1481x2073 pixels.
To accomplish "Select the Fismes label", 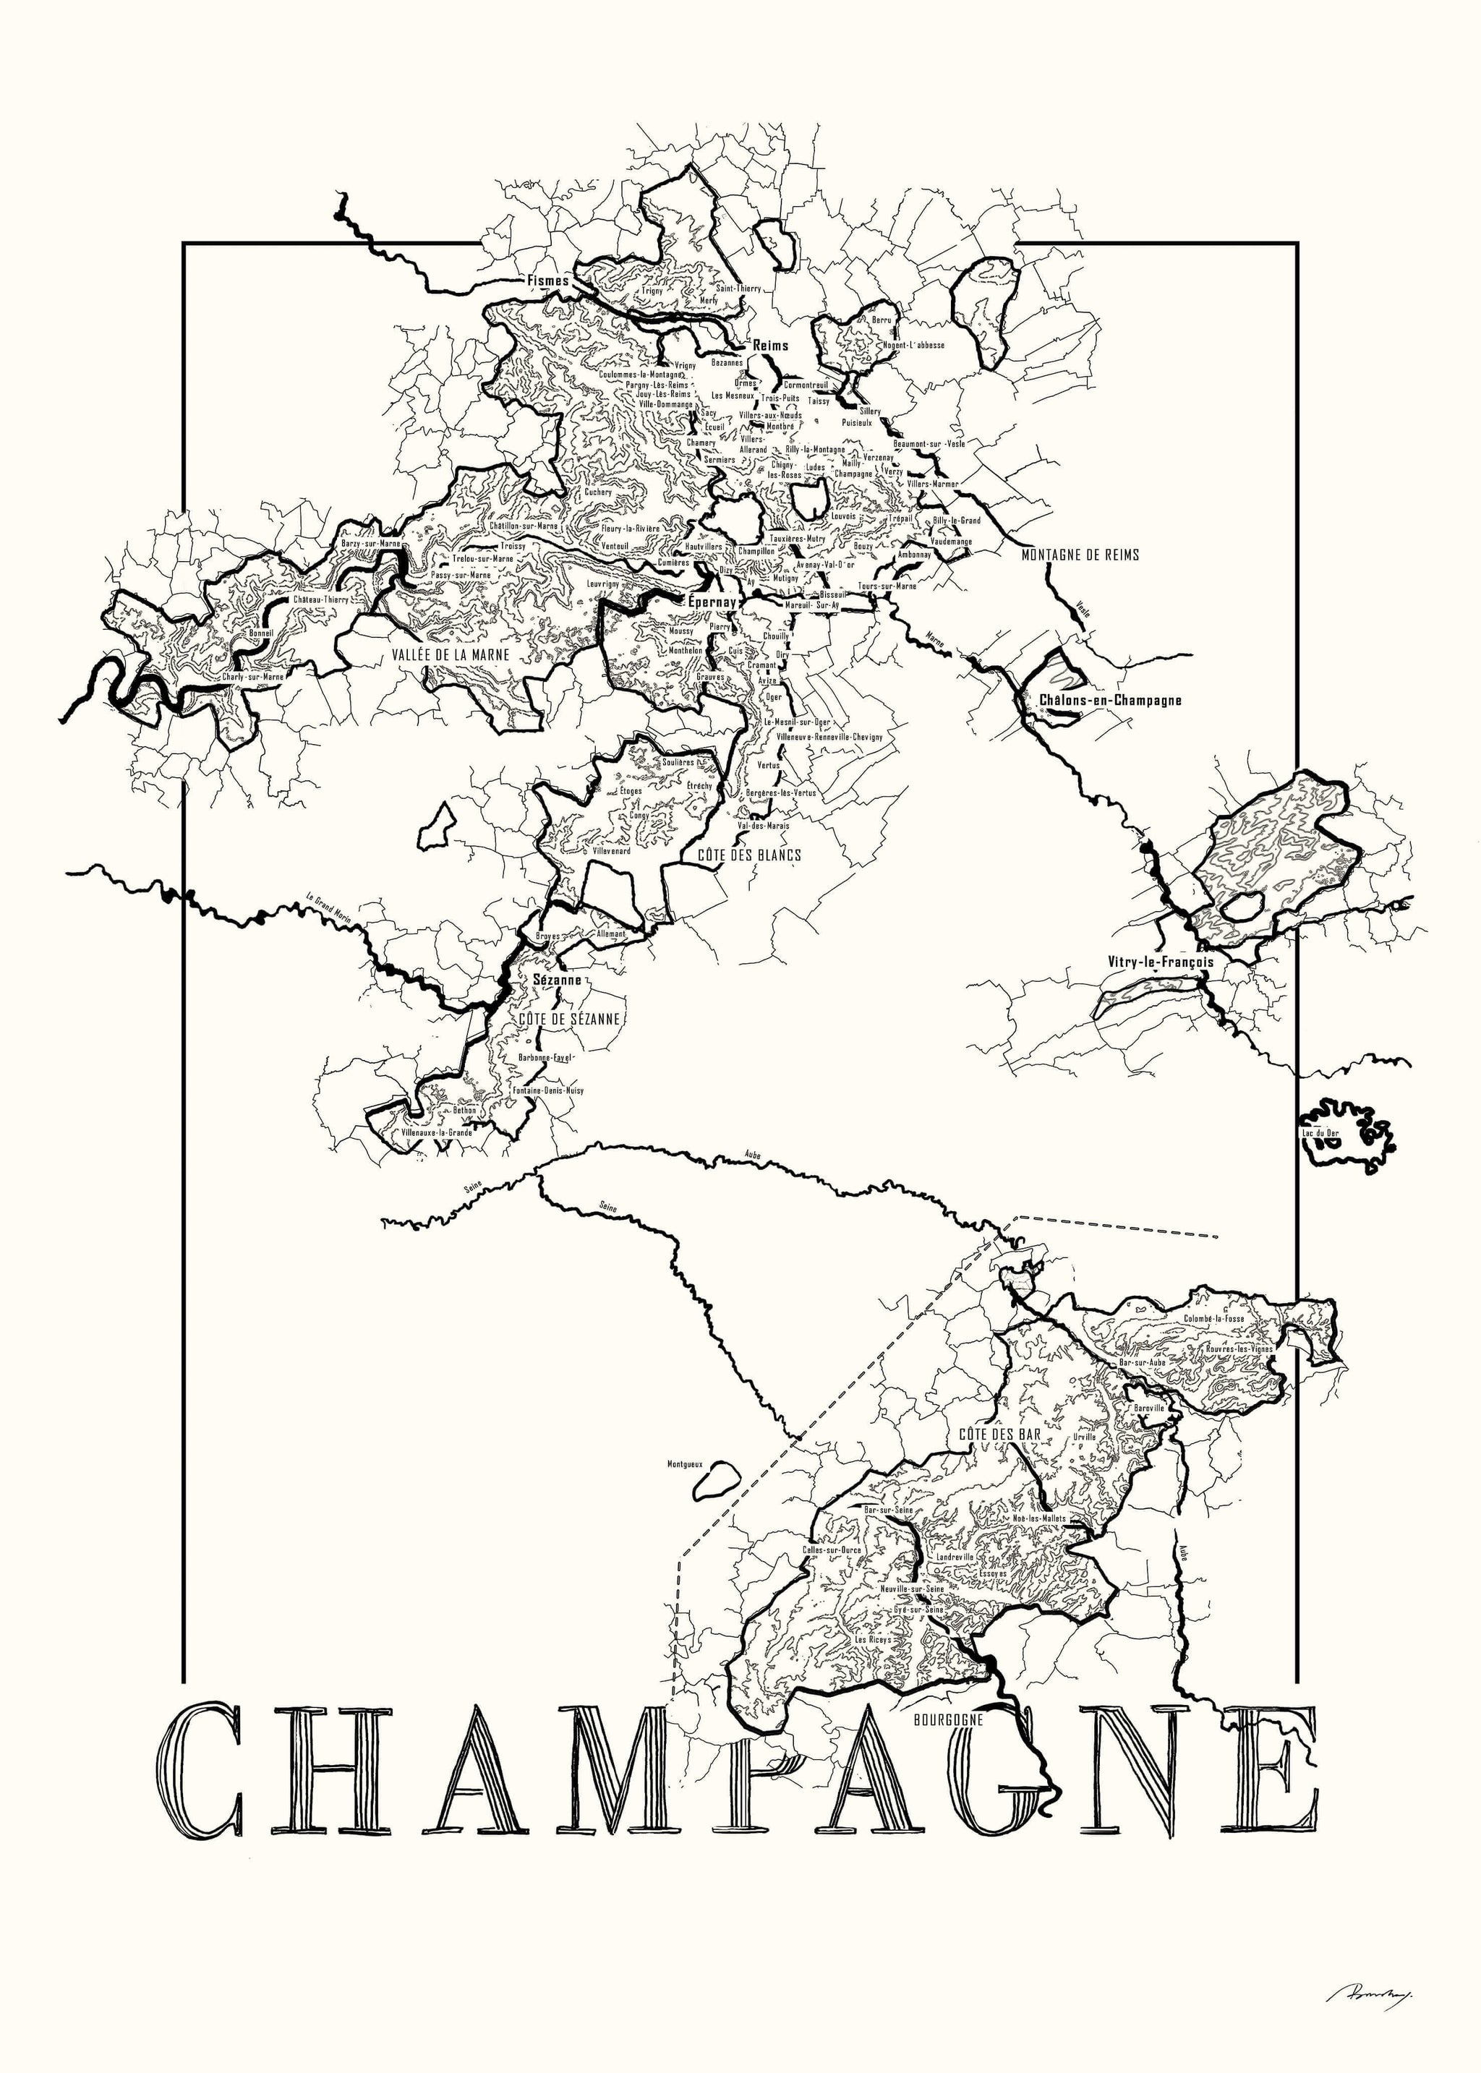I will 547,281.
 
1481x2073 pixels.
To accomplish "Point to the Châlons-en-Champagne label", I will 1110,700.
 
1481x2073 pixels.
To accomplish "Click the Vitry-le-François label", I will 1160,961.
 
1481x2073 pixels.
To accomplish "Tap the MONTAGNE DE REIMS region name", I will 1080,555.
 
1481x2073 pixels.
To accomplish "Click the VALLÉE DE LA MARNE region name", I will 451,654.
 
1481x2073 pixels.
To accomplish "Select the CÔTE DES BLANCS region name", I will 748,854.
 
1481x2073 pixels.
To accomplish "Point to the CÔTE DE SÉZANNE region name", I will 569,1018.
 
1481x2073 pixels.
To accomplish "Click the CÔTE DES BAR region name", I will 999,1434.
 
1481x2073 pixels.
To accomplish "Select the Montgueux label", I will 684,1464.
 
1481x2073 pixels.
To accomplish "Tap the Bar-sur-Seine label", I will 887,1510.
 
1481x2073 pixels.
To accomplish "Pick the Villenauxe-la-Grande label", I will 437,1132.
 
